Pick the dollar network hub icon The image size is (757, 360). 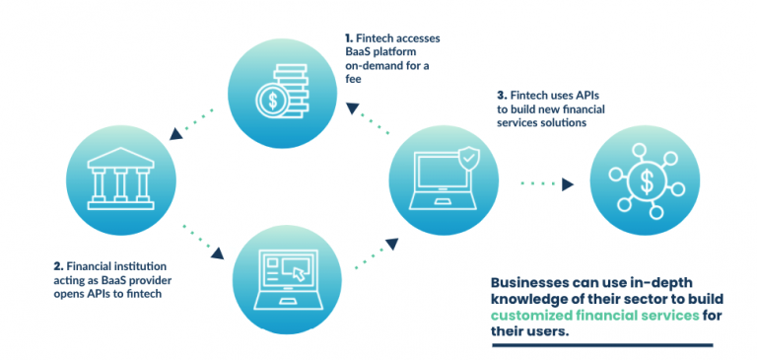[x=645, y=182]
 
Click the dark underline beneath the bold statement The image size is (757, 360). [x=600, y=345]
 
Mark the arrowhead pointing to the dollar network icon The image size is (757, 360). [x=570, y=183]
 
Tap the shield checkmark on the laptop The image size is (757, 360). [x=470, y=154]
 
